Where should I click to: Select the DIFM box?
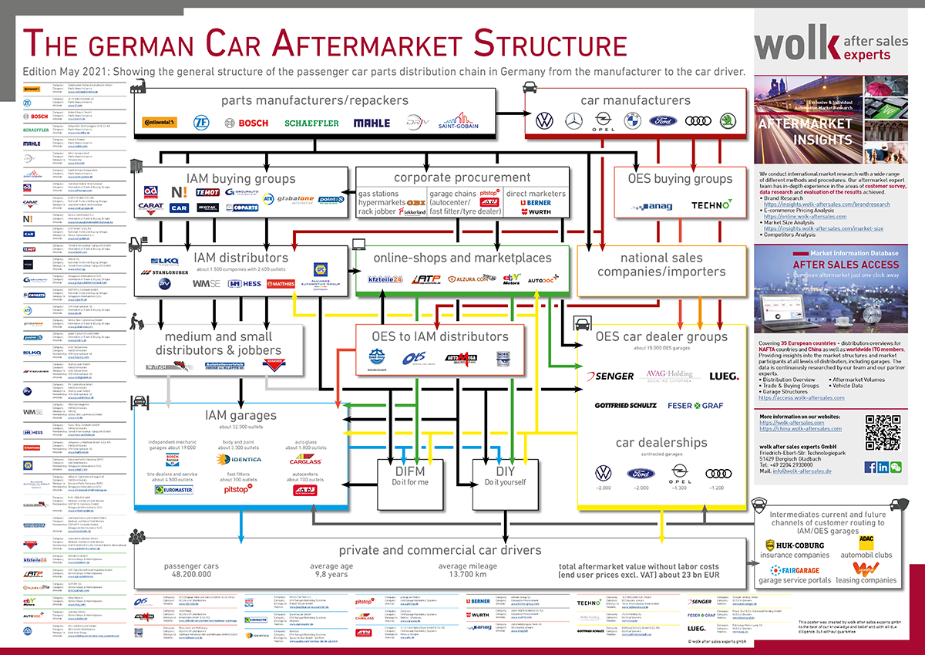(411, 482)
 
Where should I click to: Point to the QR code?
(882, 432)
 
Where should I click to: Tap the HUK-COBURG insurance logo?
(795, 545)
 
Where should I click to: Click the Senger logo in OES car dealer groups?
(610, 376)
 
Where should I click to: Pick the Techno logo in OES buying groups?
(711, 205)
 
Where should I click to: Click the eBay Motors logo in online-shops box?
(512, 278)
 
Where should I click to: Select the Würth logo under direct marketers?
(538, 211)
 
